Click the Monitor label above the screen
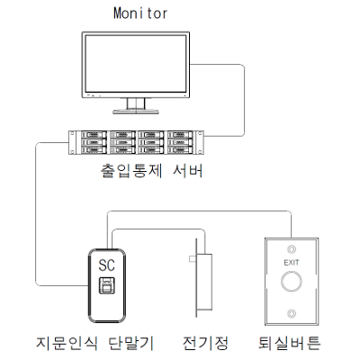pyautogui.click(x=140, y=13)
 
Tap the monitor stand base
pyautogui.click(x=136, y=112)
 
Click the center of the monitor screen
pyautogui.click(x=136, y=64)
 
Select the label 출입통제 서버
pyautogui.click(x=151, y=171)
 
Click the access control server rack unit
pyautogui.click(x=136, y=142)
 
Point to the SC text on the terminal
pyautogui.click(x=107, y=265)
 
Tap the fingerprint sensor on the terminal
pyautogui.click(x=106, y=285)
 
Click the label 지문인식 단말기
pyautogui.click(x=95, y=343)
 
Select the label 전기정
pyautogui.click(x=205, y=343)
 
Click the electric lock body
pyautogui.click(x=204, y=282)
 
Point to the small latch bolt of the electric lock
pyautogui.click(x=193, y=258)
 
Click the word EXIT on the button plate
pyautogui.click(x=292, y=263)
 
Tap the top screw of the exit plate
pyautogui.click(x=292, y=249)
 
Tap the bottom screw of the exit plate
pyautogui.click(x=292, y=313)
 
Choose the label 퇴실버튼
pyautogui.click(x=290, y=343)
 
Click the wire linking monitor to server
pyautogui.click(x=245, y=101)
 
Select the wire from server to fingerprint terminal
pyautogui.click(x=36, y=213)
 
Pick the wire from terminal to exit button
pyautogui.click(x=199, y=211)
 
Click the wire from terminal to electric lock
pyautogui.click(x=158, y=229)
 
